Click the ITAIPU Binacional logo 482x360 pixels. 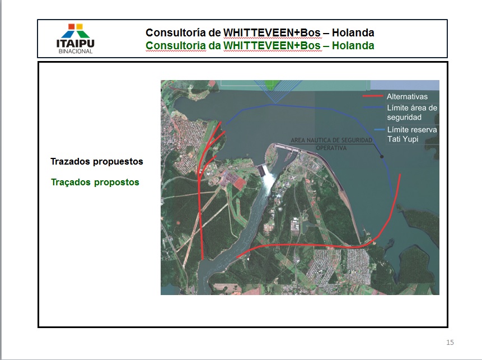tap(76, 39)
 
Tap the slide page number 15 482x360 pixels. tap(450, 343)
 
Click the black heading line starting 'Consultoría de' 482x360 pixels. tap(260, 32)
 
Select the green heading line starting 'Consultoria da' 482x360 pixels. tap(260, 45)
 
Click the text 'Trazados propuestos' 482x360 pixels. tap(97, 162)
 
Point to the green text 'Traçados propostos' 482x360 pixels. tap(95, 183)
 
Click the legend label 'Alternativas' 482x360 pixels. tap(407, 96)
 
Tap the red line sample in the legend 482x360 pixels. tap(373, 96)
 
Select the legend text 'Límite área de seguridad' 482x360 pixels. tap(412, 113)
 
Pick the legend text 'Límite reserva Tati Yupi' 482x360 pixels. tap(412, 134)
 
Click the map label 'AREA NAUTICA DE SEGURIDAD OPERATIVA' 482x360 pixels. tap(331, 144)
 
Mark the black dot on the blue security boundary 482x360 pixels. tap(382, 156)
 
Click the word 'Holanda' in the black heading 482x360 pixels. tap(353, 32)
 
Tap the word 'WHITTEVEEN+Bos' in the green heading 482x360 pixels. tap(272, 45)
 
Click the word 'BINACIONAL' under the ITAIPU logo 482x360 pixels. tap(76, 52)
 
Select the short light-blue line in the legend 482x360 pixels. tap(380, 129)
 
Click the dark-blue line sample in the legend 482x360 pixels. tap(373, 107)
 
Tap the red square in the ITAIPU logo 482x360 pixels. tap(71, 26)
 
